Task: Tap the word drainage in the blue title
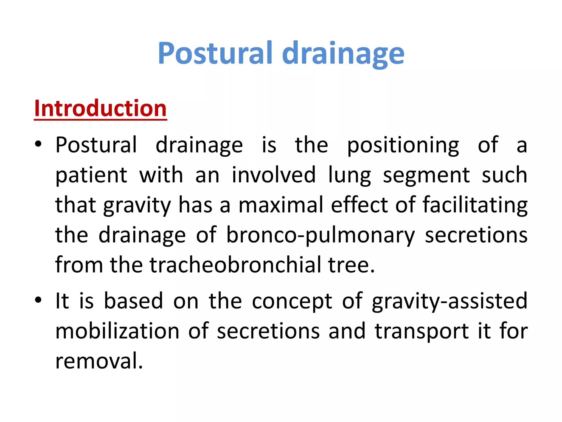(x=343, y=54)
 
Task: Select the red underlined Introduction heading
(x=100, y=109)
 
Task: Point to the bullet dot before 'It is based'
(x=38, y=300)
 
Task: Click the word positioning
(x=403, y=146)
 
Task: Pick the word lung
(x=350, y=176)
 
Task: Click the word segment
(x=426, y=176)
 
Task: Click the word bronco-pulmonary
(x=320, y=235)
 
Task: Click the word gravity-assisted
(x=449, y=301)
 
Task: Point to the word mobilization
(x=117, y=331)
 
